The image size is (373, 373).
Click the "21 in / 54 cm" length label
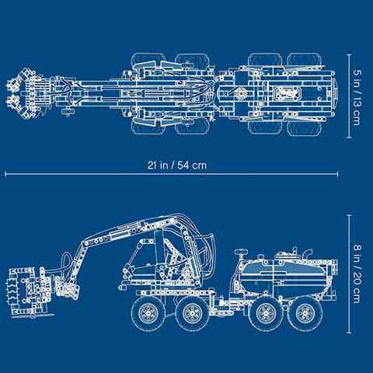coord(177,166)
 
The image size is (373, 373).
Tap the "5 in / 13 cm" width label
coord(357,97)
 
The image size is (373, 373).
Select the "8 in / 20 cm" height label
coord(357,274)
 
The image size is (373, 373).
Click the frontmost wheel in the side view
coord(148,314)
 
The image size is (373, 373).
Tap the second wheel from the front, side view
coord(192,314)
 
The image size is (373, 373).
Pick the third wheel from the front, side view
coord(265,314)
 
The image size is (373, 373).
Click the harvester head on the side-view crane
coord(30,291)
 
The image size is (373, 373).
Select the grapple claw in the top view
coord(24,93)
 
